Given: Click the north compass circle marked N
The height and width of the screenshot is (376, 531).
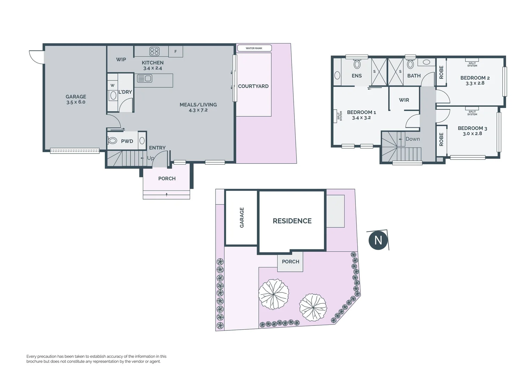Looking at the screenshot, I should [378, 241].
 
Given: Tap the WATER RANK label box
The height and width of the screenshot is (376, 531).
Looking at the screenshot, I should [254, 48].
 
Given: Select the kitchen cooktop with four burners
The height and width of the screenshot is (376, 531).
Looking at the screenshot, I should [154, 52].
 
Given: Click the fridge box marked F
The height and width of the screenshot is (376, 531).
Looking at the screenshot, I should [175, 52].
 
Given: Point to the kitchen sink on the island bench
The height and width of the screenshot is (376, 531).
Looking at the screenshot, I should [145, 79].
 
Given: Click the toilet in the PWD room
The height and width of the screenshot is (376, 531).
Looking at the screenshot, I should [113, 141].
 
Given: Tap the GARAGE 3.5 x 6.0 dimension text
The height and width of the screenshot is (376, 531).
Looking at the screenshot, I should [76, 102].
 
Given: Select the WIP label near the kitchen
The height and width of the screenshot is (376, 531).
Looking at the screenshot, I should [121, 60].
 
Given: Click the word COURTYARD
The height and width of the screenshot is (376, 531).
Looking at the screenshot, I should [253, 86].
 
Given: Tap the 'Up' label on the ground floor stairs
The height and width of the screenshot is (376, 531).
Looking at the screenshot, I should [150, 158].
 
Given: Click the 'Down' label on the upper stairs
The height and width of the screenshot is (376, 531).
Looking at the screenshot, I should [412, 139].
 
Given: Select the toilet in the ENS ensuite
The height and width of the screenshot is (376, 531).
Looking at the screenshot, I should [357, 64].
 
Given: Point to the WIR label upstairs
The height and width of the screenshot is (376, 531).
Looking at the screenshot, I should [404, 100].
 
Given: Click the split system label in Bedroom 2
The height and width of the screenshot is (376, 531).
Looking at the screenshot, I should [472, 64].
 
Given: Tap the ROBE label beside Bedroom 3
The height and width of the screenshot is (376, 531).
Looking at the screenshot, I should [441, 139].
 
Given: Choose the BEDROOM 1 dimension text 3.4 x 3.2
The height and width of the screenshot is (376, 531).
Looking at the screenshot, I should [361, 118].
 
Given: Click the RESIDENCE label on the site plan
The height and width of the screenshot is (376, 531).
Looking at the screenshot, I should [292, 221].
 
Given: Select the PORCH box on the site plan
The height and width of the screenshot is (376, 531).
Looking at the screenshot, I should [290, 262].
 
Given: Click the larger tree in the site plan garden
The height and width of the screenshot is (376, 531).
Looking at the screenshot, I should [274, 294].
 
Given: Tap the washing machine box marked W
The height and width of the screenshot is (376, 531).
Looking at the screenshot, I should [112, 85].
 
